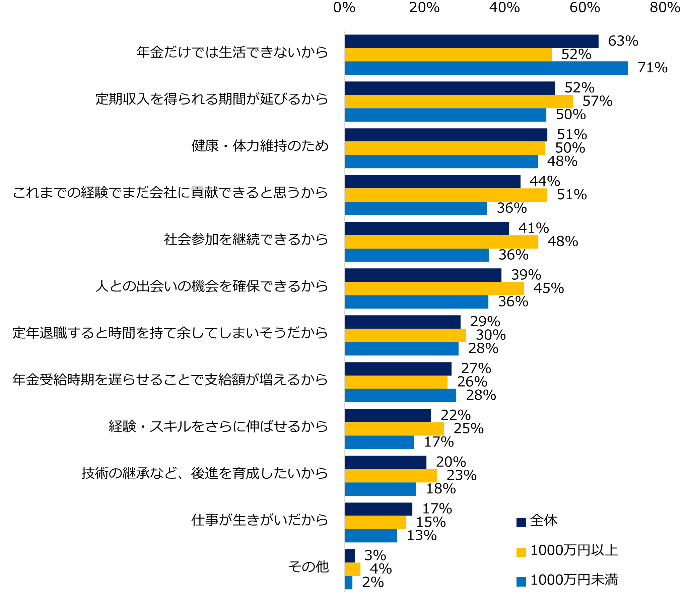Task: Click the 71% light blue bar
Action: [x=486, y=68]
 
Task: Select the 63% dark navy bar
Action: [x=471, y=41]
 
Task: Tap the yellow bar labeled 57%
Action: [x=459, y=101]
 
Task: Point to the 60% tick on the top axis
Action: [x=585, y=7]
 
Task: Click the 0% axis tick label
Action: [x=344, y=7]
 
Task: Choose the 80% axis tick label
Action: [x=665, y=7]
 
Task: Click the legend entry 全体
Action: [x=537, y=521]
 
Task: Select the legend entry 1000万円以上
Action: [x=567, y=550]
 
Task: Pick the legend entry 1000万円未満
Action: [x=567, y=580]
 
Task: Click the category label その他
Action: [x=308, y=567]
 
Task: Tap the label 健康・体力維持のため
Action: [x=260, y=146]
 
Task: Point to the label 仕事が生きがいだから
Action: [x=260, y=520]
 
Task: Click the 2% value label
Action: [x=373, y=583]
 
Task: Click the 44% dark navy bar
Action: [x=433, y=182]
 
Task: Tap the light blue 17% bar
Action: [x=379, y=442]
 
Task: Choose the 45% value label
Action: [x=549, y=288]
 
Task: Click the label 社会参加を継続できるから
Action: [x=246, y=240]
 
